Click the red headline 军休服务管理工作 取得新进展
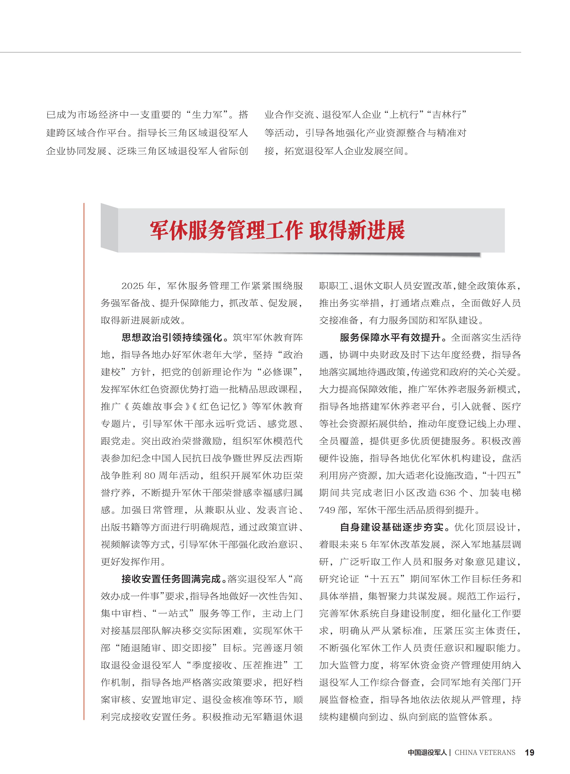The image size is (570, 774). pyautogui.click(x=277, y=231)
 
